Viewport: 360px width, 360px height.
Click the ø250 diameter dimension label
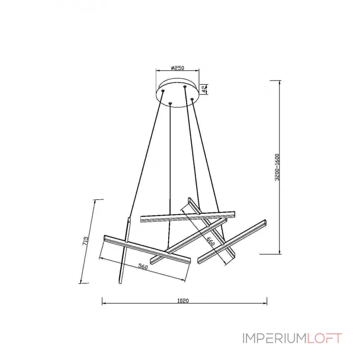coord(178,68)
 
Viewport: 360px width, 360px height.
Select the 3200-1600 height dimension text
coord(277,167)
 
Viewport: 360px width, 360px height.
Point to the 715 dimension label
coord(85,241)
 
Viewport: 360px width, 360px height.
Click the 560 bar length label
coord(143,266)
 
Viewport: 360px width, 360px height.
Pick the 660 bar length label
coord(211,241)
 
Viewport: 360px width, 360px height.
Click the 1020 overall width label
coord(183,301)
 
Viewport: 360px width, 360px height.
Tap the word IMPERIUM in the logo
coord(274,338)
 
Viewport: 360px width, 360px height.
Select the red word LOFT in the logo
coord(324,338)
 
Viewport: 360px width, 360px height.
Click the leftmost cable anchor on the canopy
coord(163,91)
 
